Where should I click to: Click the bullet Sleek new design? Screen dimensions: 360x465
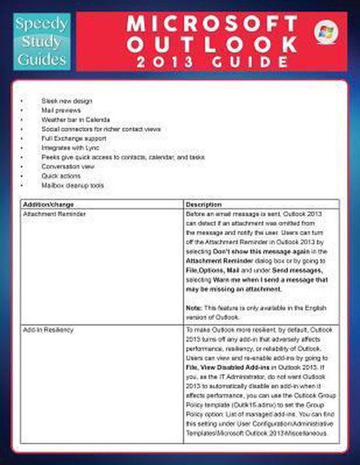click(66, 101)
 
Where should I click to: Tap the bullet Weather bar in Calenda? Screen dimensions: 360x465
click(75, 120)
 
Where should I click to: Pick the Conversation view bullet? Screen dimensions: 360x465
click(67, 167)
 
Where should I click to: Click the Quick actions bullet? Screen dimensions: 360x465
click(61, 176)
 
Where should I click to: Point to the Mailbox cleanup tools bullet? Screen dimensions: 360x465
click(72, 186)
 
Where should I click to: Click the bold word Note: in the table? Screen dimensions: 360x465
click(194, 307)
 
